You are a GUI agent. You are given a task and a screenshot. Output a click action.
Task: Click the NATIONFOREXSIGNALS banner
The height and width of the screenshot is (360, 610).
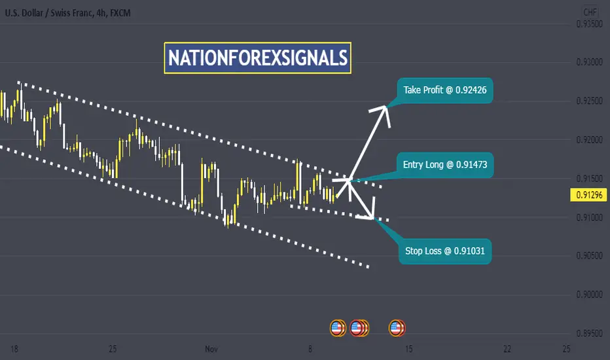(257, 58)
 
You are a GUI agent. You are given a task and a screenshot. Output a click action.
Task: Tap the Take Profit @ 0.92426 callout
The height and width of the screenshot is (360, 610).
(444, 90)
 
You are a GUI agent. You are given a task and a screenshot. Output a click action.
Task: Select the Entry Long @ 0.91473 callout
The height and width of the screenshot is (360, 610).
(445, 165)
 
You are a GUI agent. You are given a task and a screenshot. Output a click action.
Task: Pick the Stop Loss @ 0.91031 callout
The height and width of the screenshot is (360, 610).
(445, 251)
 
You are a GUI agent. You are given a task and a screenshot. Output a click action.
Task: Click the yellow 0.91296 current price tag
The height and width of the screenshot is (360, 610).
(589, 194)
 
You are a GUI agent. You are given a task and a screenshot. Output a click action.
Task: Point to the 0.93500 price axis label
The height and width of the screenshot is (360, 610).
(589, 24)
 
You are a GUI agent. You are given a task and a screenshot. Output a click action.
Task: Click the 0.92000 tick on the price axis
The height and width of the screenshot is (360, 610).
(589, 139)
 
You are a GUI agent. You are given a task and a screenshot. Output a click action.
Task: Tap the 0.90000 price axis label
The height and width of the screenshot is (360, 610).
(589, 295)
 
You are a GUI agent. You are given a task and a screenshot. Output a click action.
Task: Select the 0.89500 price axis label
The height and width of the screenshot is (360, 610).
(589, 334)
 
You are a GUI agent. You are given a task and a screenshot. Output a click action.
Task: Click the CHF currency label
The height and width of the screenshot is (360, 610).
(590, 12)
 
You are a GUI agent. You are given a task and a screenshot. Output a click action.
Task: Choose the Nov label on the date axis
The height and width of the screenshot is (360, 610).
(211, 349)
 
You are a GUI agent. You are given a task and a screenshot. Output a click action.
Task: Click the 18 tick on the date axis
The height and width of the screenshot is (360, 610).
(14, 349)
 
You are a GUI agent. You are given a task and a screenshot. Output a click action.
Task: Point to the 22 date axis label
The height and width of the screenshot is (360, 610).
(507, 349)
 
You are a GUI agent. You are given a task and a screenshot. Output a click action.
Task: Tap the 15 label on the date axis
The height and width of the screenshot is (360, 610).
(408, 349)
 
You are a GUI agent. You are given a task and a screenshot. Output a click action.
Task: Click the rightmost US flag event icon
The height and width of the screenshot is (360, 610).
(397, 328)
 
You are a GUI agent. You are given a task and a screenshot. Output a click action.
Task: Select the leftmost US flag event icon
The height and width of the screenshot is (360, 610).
(338, 328)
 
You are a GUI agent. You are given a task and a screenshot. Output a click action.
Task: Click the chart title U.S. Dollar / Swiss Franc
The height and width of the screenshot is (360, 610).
(49, 13)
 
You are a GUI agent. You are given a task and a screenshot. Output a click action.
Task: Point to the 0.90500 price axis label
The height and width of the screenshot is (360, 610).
(589, 256)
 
